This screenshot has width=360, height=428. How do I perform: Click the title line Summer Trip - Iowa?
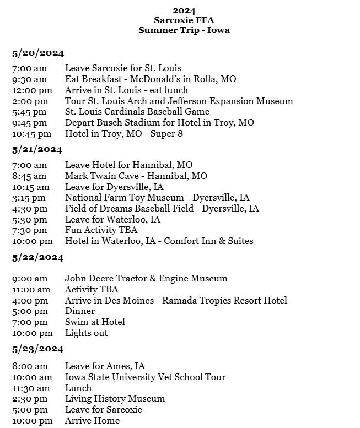pyautogui.click(x=184, y=30)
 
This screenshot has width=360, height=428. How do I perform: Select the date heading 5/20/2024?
pyautogui.click(x=38, y=53)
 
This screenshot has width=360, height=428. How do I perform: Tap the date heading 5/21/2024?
pyautogui.click(x=37, y=150)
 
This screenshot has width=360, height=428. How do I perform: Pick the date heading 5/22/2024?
pyautogui.click(x=38, y=258)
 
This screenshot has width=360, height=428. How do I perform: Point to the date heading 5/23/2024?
pyautogui.click(x=38, y=349)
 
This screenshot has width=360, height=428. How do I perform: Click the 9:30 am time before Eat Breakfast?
pyautogui.click(x=30, y=79)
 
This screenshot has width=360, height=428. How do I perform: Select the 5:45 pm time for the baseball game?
pyautogui.click(x=30, y=112)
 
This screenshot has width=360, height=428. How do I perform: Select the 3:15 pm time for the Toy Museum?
pyautogui.click(x=29, y=198)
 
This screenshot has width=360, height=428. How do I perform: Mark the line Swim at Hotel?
pyautogui.click(x=95, y=322)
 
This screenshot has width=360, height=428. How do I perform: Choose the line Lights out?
pyautogui.click(x=87, y=333)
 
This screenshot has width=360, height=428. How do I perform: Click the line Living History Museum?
pyautogui.click(x=115, y=399)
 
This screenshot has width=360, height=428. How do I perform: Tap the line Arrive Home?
pyautogui.click(x=92, y=421)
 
